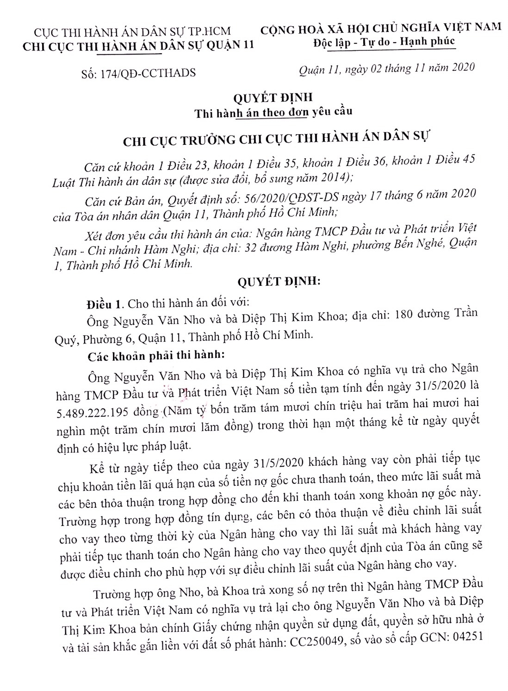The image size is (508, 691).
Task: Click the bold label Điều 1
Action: [105, 304]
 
